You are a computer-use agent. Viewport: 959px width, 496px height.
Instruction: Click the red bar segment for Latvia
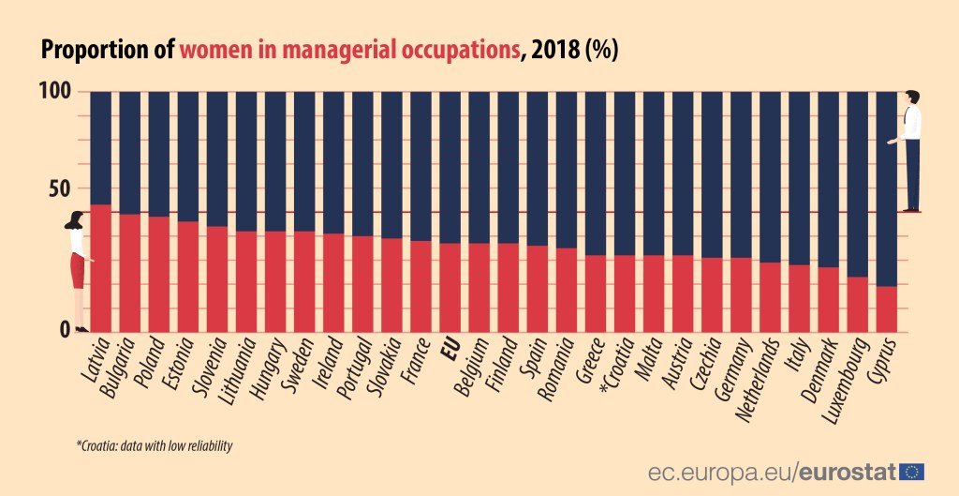(100, 268)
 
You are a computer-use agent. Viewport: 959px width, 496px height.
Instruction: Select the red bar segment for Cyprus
(886, 308)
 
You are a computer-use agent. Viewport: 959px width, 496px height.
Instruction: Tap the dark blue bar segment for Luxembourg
(857, 184)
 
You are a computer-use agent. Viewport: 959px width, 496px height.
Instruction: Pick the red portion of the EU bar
(450, 287)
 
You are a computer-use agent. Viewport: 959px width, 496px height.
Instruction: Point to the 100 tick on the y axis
(54, 93)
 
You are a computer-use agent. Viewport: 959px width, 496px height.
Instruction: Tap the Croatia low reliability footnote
(155, 446)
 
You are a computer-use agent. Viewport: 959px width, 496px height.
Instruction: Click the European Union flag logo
(912, 470)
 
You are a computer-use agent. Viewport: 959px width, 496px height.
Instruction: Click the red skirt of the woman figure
(77, 271)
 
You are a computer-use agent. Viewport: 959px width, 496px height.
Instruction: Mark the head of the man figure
(911, 98)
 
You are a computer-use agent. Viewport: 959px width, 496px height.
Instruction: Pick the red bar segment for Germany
(741, 294)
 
